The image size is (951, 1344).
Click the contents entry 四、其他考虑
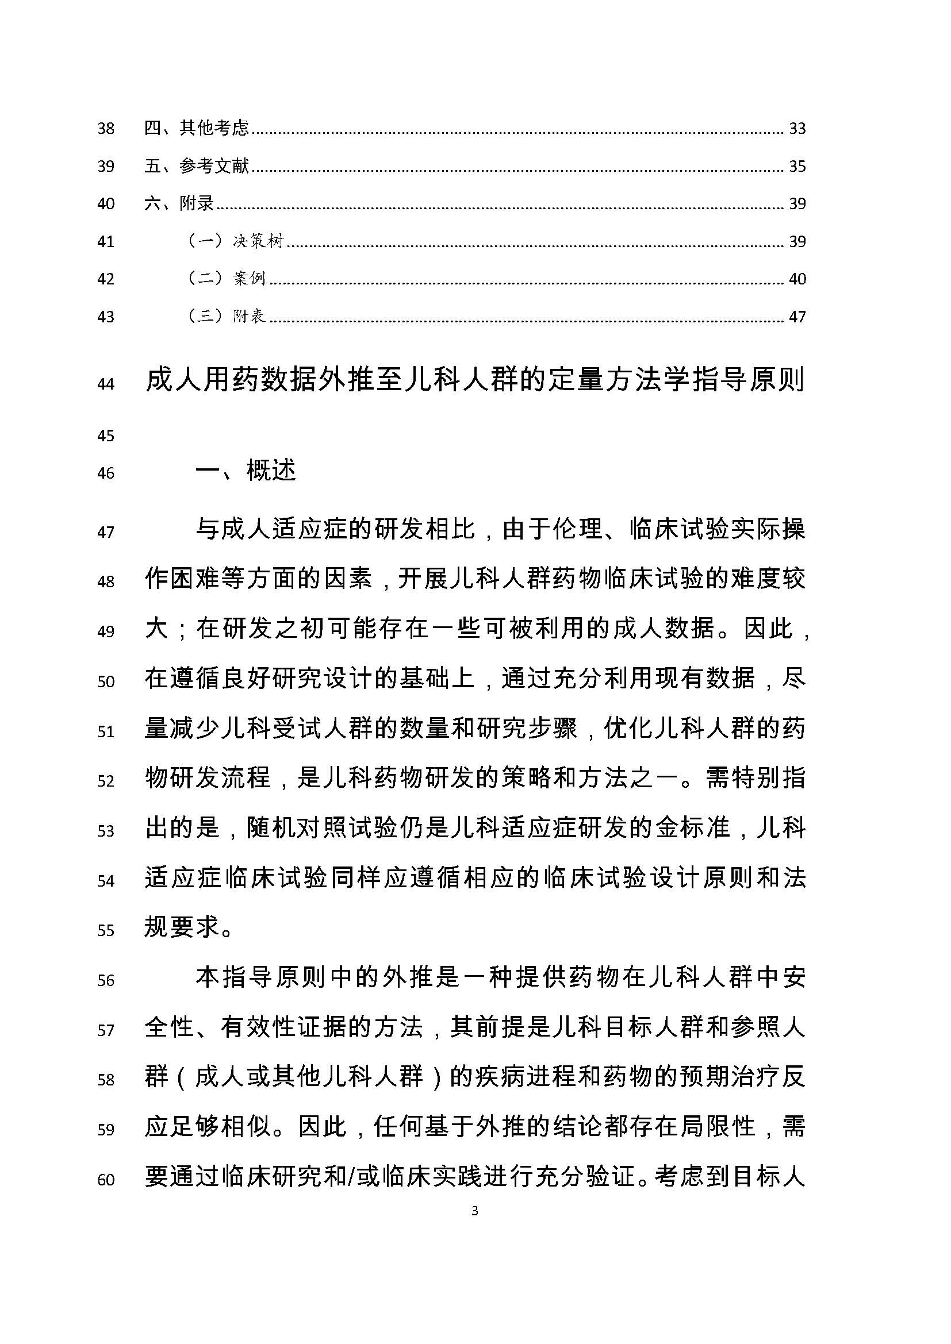point(197,128)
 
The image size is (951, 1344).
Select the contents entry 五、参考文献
point(197,166)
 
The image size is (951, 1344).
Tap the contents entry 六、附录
point(179,204)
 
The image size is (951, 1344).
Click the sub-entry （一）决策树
point(235,241)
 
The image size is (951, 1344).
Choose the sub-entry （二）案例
point(227,279)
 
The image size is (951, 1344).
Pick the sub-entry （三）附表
point(227,317)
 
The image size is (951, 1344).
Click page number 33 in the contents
point(797,128)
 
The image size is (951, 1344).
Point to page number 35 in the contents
point(797,167)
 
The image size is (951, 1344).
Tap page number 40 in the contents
point(797,279)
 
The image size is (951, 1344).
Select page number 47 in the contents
point(797,317)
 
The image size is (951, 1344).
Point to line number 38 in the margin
point(106,128)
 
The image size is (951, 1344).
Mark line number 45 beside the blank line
point(106,436)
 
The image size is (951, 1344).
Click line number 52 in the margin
point(106,781)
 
